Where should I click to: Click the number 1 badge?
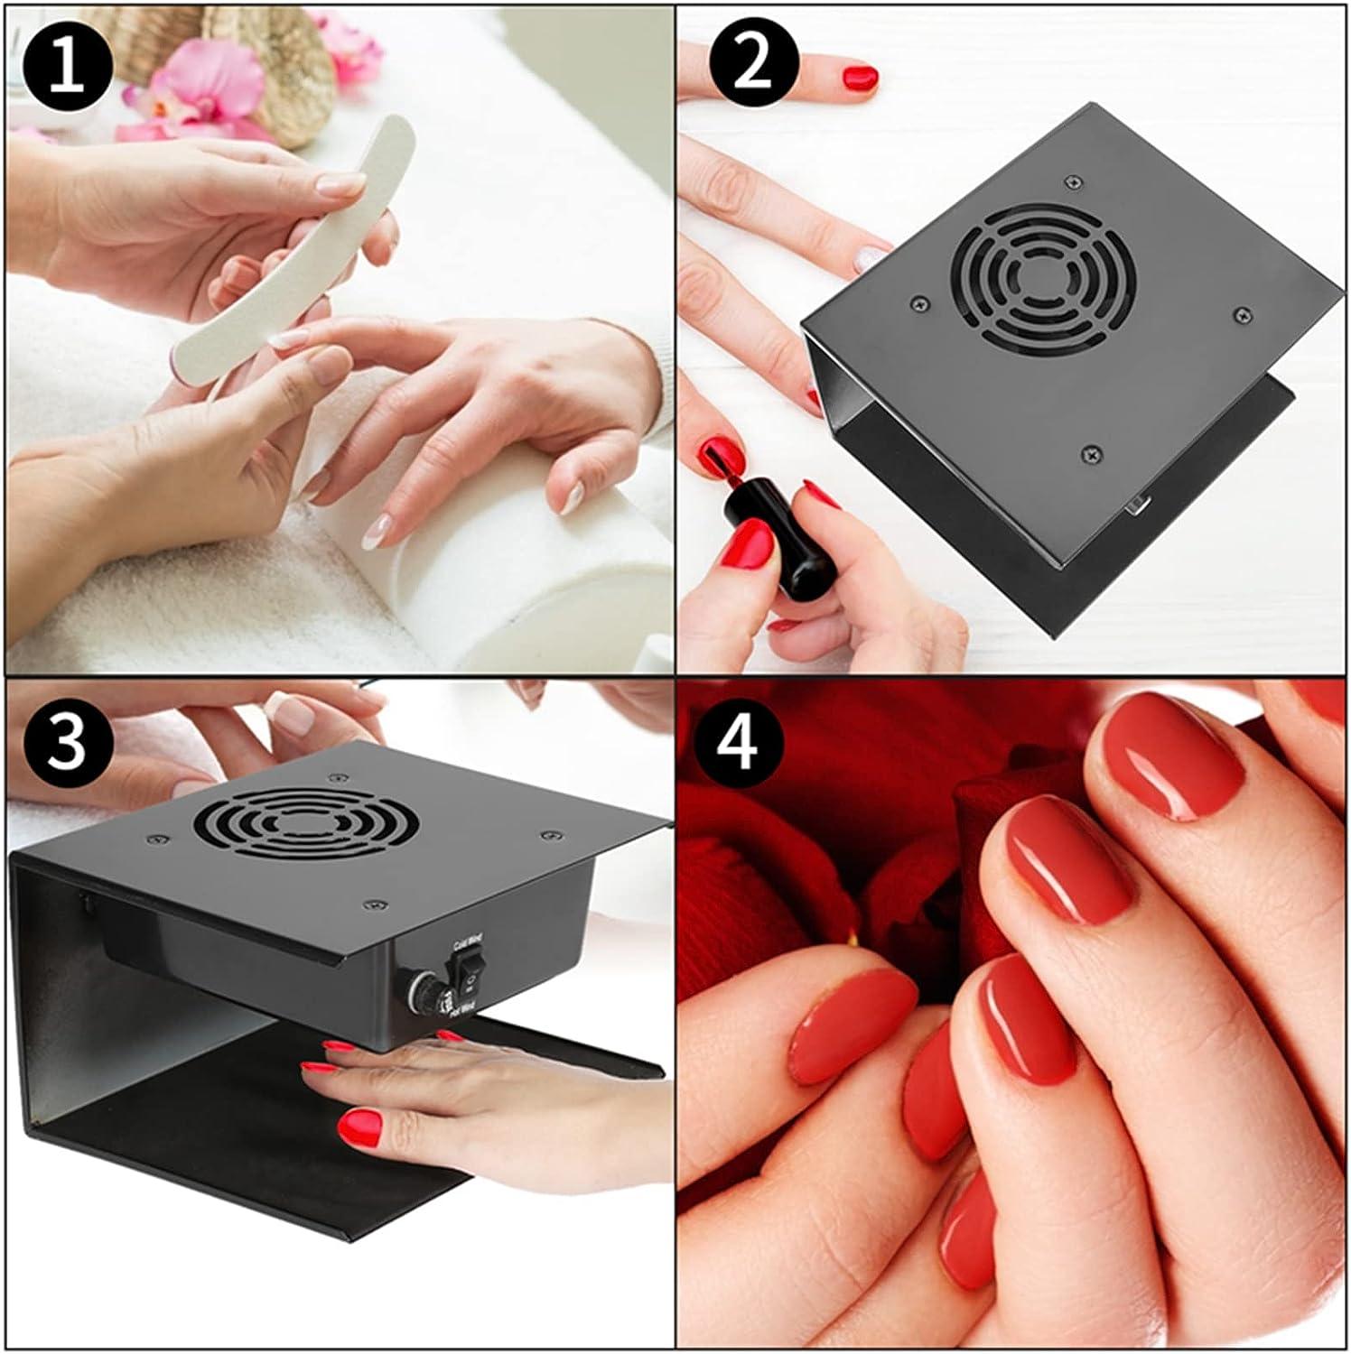click(69, 70)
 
